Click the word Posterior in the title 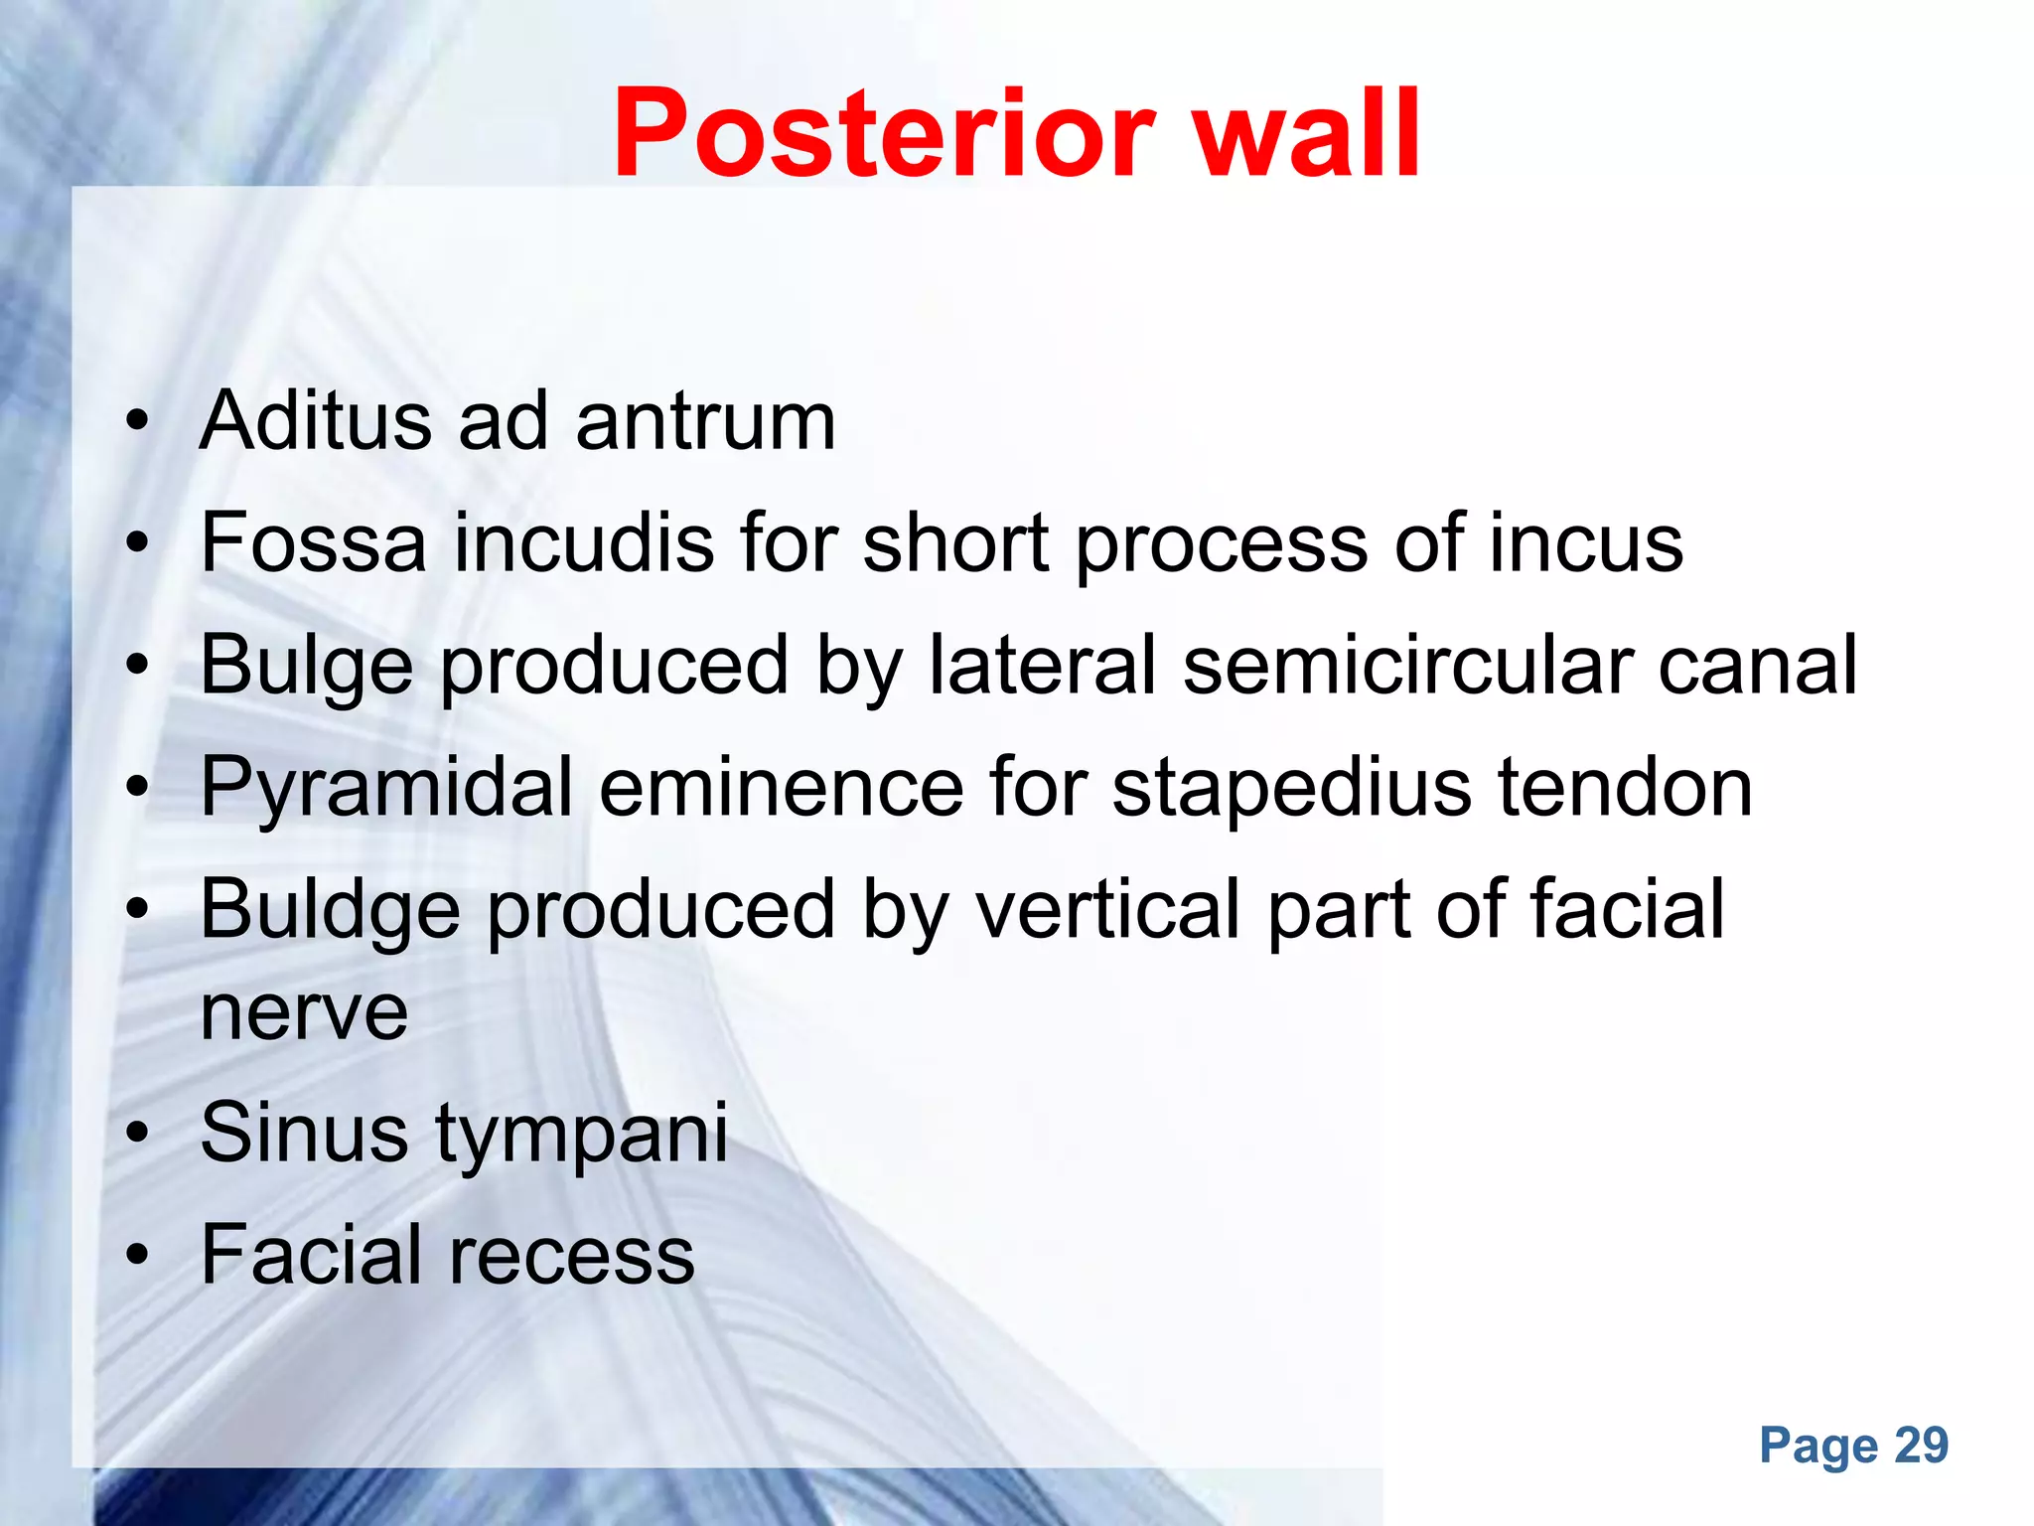pos(884,134)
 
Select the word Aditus pos(316,420)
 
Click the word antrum pos(706,420)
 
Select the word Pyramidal pos(386,788)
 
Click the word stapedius pos(1291,788)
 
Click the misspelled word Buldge pos(331,910)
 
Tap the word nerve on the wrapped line pos(304,1013)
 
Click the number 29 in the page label pos(1921,1446)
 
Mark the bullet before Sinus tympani pos(138,1133)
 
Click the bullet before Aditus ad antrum pos(138,421)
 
